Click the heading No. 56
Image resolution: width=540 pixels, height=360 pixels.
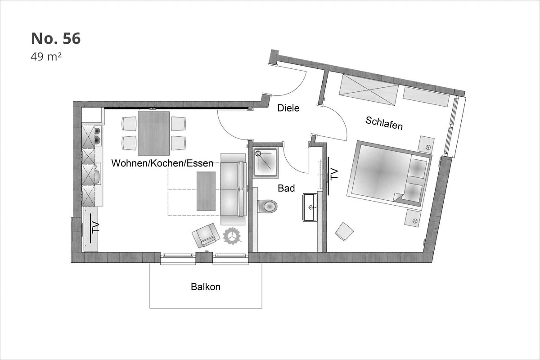[56, 39]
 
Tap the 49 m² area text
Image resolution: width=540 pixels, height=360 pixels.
[46, 57]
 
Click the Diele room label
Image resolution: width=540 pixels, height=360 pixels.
[288, 108]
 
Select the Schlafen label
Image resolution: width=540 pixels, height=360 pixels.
[384, 123]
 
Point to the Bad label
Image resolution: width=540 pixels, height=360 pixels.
[286, 188]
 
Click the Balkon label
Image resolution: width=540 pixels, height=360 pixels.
[206, 287]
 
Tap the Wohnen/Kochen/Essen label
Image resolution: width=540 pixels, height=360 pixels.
[162, 163]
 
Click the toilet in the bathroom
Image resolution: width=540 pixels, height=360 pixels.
[268, 206]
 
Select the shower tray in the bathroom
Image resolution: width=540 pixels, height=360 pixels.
[265, 163]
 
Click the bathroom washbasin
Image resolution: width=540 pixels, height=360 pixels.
[310, 207]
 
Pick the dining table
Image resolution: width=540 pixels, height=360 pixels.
[153, 133]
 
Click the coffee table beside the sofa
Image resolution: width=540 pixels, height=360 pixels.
[206, 191]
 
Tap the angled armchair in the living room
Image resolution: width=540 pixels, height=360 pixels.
[206, 235]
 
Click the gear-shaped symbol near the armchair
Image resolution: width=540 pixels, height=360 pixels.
[232, 236]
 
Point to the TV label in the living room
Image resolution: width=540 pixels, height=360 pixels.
[95, 227]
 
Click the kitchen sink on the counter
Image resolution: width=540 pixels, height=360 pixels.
[97, 174]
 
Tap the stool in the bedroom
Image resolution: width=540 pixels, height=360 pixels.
[344, 231]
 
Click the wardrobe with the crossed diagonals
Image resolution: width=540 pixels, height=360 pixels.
[369, 90]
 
